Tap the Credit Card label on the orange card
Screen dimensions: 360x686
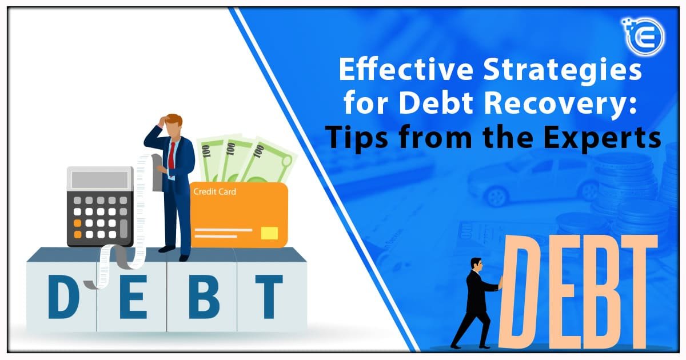tap(214, 192)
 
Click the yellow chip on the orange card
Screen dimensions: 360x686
tap(269, 233)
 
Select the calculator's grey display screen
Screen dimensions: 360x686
tap(100, 180)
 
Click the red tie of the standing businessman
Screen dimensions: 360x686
tap(171, 154)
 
